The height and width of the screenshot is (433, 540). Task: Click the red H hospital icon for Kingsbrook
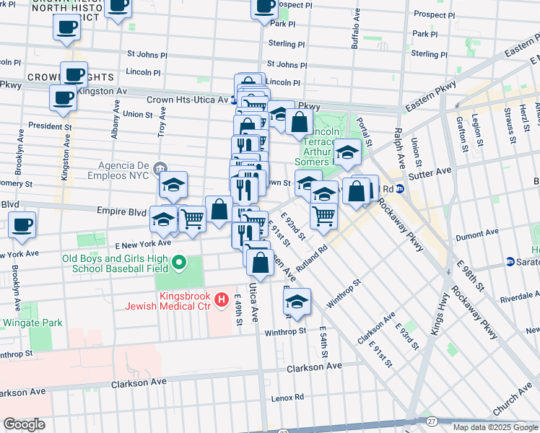point(222,298)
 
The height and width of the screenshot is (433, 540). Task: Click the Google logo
point(24,424)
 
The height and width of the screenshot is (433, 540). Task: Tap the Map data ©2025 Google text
point(495,427)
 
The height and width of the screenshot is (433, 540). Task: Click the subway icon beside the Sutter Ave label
point(400,188)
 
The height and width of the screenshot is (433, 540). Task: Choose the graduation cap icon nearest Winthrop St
point(297,303)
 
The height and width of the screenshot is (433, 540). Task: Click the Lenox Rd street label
point(287,398)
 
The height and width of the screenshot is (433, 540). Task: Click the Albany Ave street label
point(116,113)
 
